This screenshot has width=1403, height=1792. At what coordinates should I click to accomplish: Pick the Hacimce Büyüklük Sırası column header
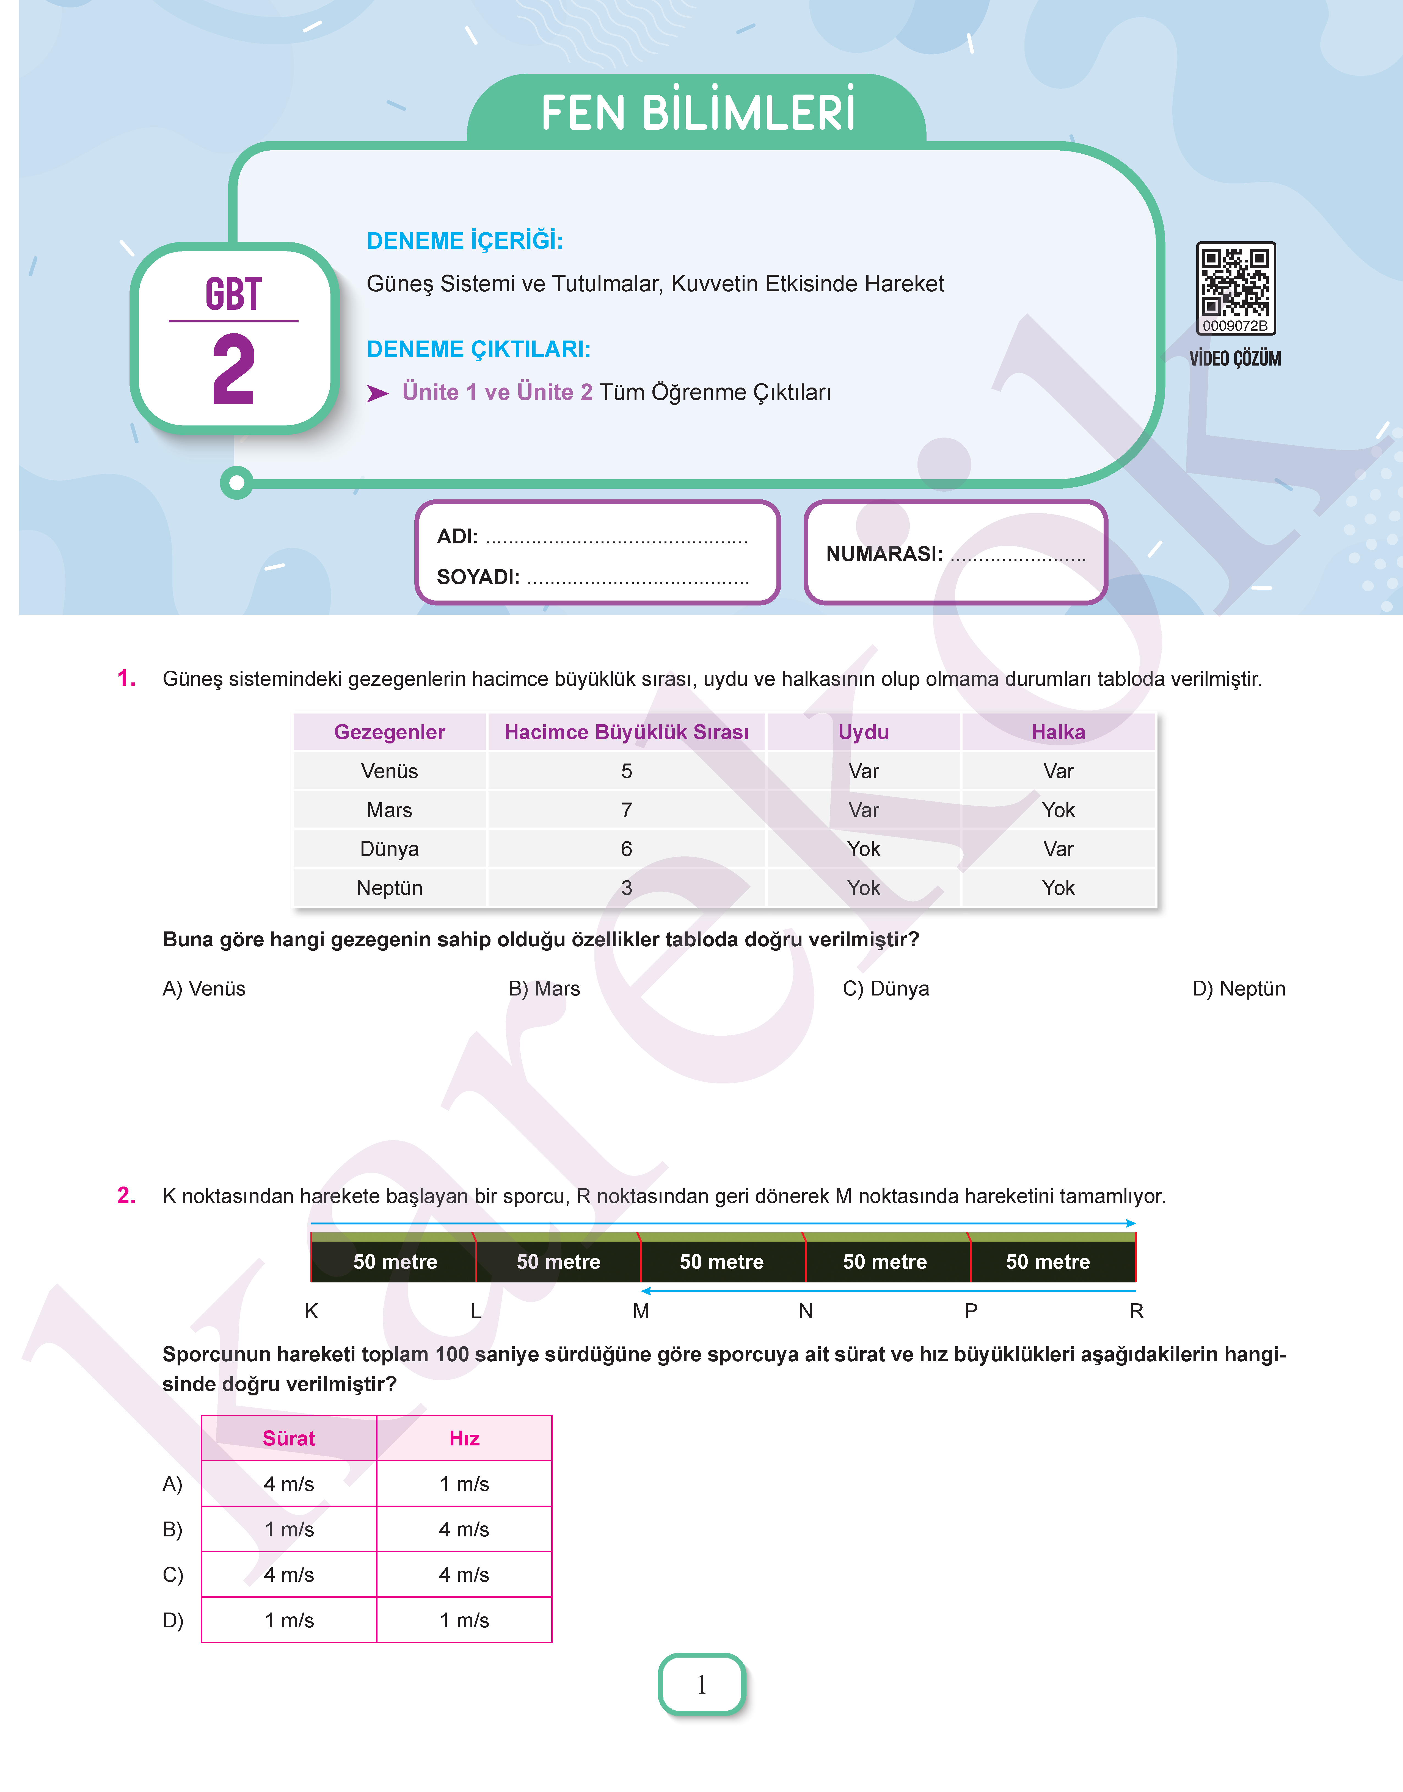(x=626, y=732)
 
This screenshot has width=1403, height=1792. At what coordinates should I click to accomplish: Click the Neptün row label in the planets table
(x=389, y=888)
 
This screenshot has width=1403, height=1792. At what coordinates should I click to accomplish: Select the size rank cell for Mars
(x=626, y=810)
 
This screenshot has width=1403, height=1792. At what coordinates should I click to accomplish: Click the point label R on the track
(x=1136, y=1311)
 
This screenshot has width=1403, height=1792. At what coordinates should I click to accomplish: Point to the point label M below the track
(x=641, y=1311)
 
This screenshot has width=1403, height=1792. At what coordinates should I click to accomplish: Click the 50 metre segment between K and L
(x=395, y=1262)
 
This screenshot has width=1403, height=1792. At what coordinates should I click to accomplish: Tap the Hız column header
(x=464, y=1438)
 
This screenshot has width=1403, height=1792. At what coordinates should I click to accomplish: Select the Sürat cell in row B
(x=289, y=1529)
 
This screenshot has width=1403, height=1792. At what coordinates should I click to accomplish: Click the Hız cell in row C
(x=464, y=1574)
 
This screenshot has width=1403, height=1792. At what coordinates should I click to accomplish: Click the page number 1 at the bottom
(x=702, y=1685)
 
